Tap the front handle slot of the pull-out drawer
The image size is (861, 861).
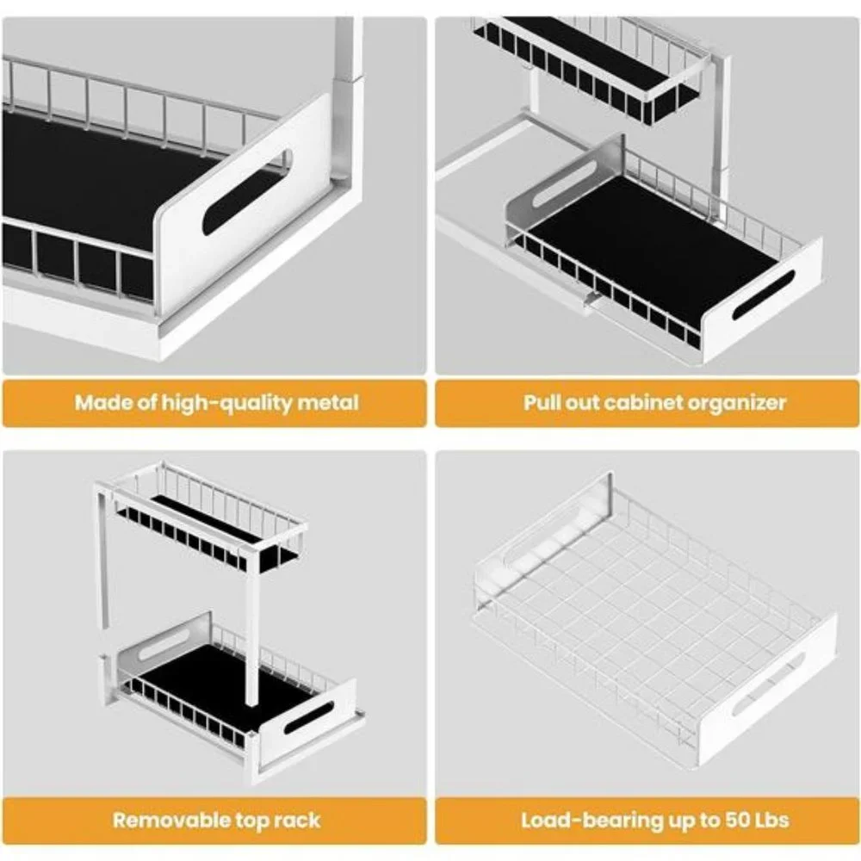[x=764, y=294]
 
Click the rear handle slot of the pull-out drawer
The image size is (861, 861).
[x=564, y=183]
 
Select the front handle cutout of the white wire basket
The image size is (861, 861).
[x=768, y=684]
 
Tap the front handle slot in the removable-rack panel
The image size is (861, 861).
[x=309, y=718]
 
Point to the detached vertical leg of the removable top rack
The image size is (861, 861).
[x=102, y=559]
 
